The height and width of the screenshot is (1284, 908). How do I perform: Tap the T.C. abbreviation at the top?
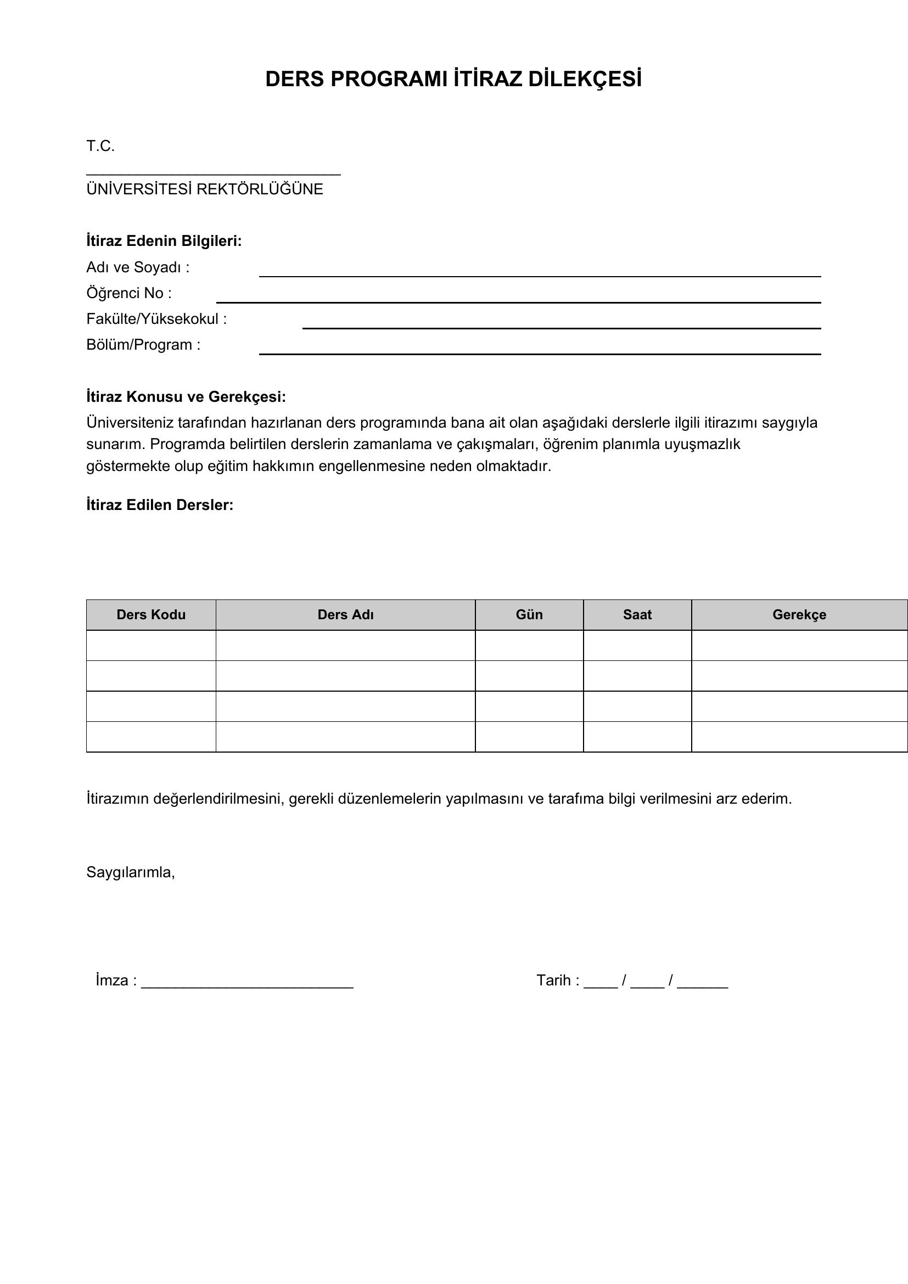point(100,147)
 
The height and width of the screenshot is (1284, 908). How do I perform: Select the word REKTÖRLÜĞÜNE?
point(260,189)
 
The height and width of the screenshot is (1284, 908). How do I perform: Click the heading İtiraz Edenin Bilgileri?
point(164,241)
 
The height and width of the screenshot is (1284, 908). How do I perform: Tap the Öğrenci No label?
point(128,293)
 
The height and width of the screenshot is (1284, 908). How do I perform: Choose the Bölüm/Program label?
point(143,345)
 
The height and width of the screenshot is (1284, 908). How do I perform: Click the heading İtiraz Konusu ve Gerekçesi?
point(186,397)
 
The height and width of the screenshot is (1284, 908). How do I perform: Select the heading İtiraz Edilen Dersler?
point(160,505)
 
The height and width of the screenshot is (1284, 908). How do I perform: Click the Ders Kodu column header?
point(151,615)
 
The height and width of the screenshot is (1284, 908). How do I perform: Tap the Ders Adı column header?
point(345,615)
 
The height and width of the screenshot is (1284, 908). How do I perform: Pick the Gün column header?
point(529,615)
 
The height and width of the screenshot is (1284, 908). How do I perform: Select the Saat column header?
point(637,615)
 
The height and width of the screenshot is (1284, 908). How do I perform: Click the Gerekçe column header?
point(799,615)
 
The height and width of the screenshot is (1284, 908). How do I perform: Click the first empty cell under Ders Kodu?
point(151,646)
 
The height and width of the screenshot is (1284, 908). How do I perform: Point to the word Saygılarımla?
point(130,872)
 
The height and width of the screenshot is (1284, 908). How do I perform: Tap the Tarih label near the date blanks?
point(553,980)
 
